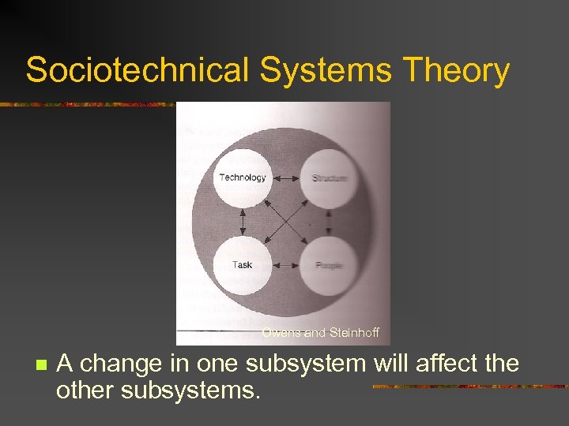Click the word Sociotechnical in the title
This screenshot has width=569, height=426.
click(x=137, y=71)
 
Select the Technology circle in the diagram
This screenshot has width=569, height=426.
click(x=243, y=178)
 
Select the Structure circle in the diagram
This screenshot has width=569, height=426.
click(x=329, y=178)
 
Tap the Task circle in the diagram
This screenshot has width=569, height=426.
click(x=243, y=264)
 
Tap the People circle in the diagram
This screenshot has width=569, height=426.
click(x=329, y=264)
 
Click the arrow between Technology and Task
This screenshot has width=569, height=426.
click(x=243, y=222)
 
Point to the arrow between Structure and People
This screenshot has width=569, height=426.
click(x=329, y=222)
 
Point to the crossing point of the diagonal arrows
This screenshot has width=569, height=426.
click(x=286, y=222)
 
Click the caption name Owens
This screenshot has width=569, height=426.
click(x=282, y=333)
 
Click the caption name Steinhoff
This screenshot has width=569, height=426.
click(x=353, y=333)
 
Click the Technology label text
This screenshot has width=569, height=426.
click(x=243, y=177)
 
